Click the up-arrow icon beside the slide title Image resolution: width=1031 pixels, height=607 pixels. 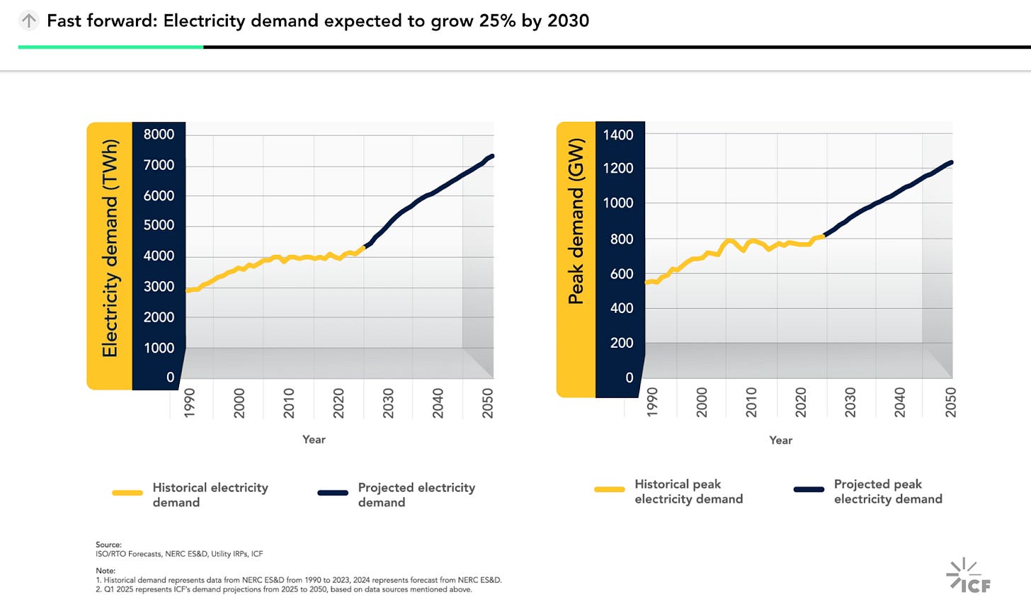click(x=28, y=21)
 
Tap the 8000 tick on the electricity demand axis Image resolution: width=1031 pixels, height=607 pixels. click(x=159, y=135)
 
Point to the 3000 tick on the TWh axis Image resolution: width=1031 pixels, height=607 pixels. click(x=159, y=287)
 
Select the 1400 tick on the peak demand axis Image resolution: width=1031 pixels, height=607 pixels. click(x=618, y=135)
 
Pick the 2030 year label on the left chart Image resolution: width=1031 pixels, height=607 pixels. click(x=388, y=402)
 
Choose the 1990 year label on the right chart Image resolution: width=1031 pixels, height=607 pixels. click(x=652, y=402)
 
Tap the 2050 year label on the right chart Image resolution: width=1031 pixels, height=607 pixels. click(x=950, y=402)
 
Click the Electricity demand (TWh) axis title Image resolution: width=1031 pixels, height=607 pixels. click(x=110, y=248)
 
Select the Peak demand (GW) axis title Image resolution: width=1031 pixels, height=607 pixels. click(x=576, y=221)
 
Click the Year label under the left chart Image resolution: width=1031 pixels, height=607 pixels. click(x=314, y=440)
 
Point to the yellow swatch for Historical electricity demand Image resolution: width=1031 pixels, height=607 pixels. click(x=127, y=493)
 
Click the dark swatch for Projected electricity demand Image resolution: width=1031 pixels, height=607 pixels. click(x=333, y=493)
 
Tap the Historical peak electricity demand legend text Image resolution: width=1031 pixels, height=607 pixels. click(x=688, y=492)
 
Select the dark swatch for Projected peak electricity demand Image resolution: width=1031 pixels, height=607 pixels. click(x=809, y=489)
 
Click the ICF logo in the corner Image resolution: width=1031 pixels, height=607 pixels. click(x=968, y=576)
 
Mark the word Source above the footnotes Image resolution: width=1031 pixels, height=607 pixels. click(x=108, y=545)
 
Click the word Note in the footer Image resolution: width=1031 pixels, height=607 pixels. click(x=105, y=570)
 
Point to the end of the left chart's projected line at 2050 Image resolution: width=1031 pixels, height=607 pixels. click(x=491, y=156)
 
